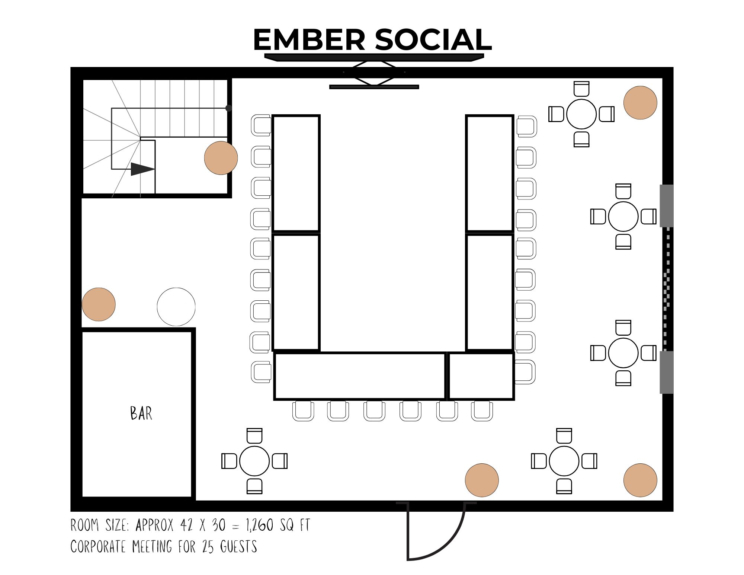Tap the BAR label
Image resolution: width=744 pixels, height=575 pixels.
click(141, 413)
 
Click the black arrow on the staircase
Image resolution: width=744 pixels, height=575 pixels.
click(143, 169)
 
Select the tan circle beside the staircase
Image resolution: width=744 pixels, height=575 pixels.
click(221, 158)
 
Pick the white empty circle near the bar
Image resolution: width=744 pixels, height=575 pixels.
click(176, 307)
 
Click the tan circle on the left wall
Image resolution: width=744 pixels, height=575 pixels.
click(99, 304)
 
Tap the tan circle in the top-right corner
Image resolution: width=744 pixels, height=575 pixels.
click(640, 103)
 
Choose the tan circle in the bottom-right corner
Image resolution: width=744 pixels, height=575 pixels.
click(640, 480)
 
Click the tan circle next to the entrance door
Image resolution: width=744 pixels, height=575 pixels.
click(482, 480)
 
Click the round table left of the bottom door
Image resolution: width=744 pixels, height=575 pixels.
click(254, 461)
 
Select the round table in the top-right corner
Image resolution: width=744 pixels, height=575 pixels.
click(581, 114)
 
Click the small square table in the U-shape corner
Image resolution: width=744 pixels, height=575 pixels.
click(481, 376)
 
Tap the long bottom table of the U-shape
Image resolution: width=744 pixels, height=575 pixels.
click(360, 376)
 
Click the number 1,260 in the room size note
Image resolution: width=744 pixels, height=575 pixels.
click(260, 525)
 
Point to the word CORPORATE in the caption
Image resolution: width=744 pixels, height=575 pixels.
click(98, 547)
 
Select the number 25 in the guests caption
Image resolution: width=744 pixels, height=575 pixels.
click(208, 547)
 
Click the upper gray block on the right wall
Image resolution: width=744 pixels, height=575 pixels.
click(667, 206)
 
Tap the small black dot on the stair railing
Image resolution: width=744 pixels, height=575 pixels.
click(228, 108)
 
